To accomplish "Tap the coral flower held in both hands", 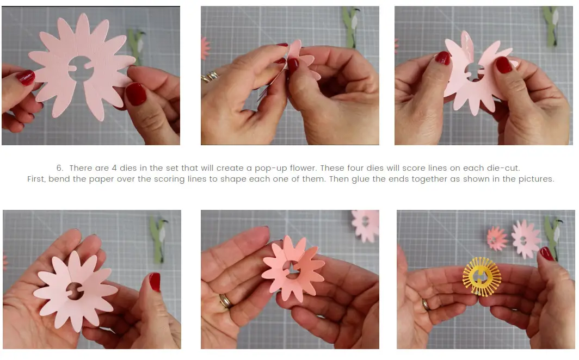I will pos(292,268).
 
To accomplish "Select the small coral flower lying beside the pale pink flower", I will pos(496,238).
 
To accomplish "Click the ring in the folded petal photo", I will pos(209,77).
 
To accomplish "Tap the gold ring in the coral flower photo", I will pos(225,301).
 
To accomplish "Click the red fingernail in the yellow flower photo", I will pos(546,253).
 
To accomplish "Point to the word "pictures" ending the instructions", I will pos(535,179).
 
